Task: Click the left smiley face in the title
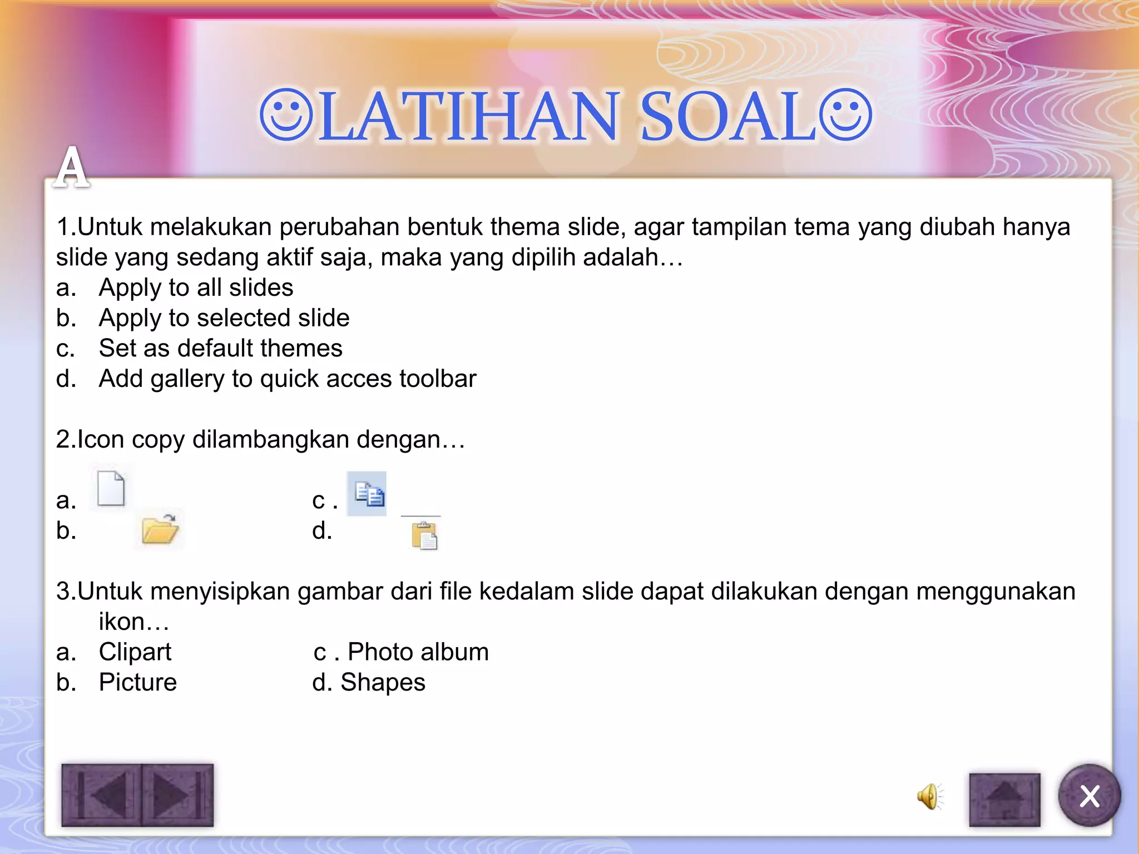pyautogui.click(x=286, y=115)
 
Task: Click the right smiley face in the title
pyautogui.click(x=845, y=115)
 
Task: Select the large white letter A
pyautogui.click(x=72, y=167)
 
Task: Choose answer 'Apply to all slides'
pyautogui.click(x=196, y=287)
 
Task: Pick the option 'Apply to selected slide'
pyautogui.click(x=224, y=318)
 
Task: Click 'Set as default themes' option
pyautogui.click(x=220, y=349)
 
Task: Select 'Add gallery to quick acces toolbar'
pyautogui.click(x=287, y=379)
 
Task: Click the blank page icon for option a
pyautogui.click(x=111, y=488)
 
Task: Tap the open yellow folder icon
pyautogui.click(x=160, y=529)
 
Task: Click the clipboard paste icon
pyautogui.click(x=424, y=536)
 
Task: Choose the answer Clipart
pyautogui.click(x=135, y=652)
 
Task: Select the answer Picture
pyautogui.click(x=137, y=682)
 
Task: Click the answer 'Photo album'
pyautogui.click(x=418, y=652)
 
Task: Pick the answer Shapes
pyautogui.click(x=383, y=682)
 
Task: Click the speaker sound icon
pyautogui.click(x=929, y=796)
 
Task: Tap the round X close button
pyautogui.click(x=1089, y=796)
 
